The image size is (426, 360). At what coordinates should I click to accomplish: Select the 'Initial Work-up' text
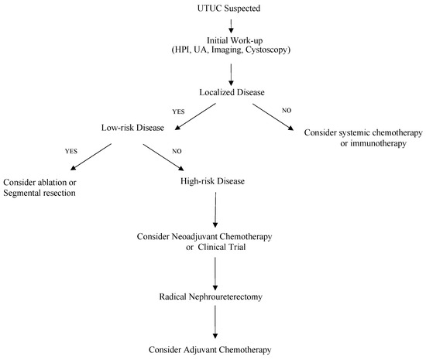tap(232, 40)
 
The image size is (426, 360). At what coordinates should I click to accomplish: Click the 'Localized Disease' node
tap(232, 91)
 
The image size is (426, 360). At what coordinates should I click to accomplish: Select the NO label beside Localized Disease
tap(286, 110)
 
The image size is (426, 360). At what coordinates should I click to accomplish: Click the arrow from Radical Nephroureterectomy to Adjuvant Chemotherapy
tap(213, 323)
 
